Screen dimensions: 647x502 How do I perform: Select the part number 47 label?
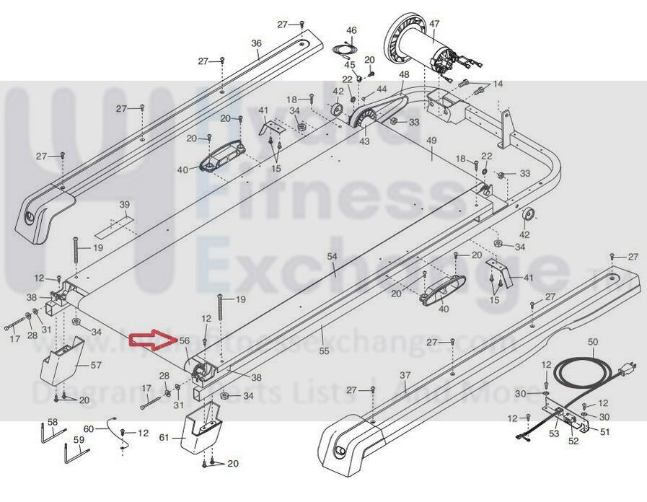(x=433, y=25)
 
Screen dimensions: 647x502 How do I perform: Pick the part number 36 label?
(x=256, y=43)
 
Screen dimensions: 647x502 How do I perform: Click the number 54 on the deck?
(x=332, y=256)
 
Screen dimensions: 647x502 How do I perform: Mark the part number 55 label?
(x=324, y=351)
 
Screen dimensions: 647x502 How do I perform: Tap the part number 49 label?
(x=432, y=139)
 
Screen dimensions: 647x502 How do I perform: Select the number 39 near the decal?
(x=124, y=204)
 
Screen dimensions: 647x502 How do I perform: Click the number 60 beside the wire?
(x=89, y=428)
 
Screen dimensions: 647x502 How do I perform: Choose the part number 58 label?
(x=52, y=422)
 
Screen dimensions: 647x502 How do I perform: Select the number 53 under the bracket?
(x=554, y=433)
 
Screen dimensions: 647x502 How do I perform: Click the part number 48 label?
(x=403, y=74)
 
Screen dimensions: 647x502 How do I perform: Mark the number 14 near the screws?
(x=498, y=84)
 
